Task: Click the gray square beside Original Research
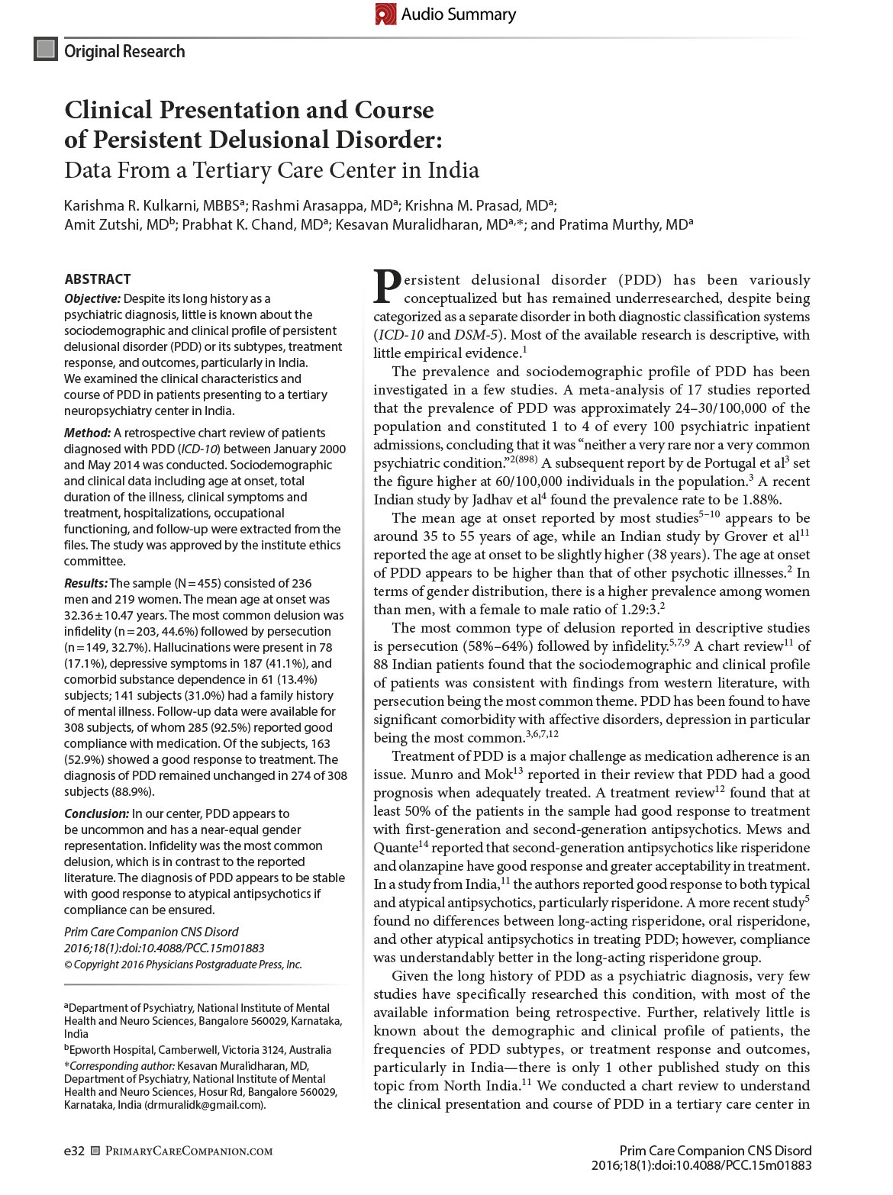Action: [x=46, y=50]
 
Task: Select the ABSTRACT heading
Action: [x=97, y=279]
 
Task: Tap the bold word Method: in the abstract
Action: [x=87, y=433]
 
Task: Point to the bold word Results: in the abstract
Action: [x=86, y=583]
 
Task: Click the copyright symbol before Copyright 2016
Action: [x=68, y=965]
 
